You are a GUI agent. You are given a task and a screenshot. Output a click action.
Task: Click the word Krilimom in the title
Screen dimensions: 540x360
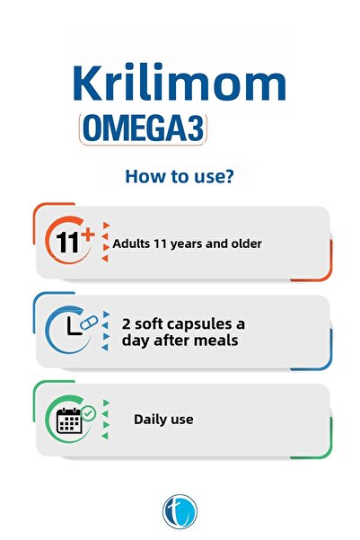click(x=179, y=84)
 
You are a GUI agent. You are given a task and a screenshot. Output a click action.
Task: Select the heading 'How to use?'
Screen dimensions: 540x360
click(x=180, y=175)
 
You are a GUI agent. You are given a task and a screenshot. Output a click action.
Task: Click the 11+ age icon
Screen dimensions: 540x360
click(x=70, y=242)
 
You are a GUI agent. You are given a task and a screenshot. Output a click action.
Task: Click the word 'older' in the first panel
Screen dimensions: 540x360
click(x=243, y=243)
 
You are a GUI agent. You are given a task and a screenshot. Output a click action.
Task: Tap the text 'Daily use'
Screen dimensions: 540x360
click(x=163, y=419)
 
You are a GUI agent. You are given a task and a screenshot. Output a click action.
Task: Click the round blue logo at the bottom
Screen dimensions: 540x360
click(x=180, y=509)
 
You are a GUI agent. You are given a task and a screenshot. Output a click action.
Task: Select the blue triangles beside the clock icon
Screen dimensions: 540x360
click(x=106, y=330)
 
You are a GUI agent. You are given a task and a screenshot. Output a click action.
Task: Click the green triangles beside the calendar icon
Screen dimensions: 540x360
click(x=106, y=419)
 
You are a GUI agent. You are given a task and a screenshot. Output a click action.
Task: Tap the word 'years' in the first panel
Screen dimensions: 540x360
click(x=180, y=243)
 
